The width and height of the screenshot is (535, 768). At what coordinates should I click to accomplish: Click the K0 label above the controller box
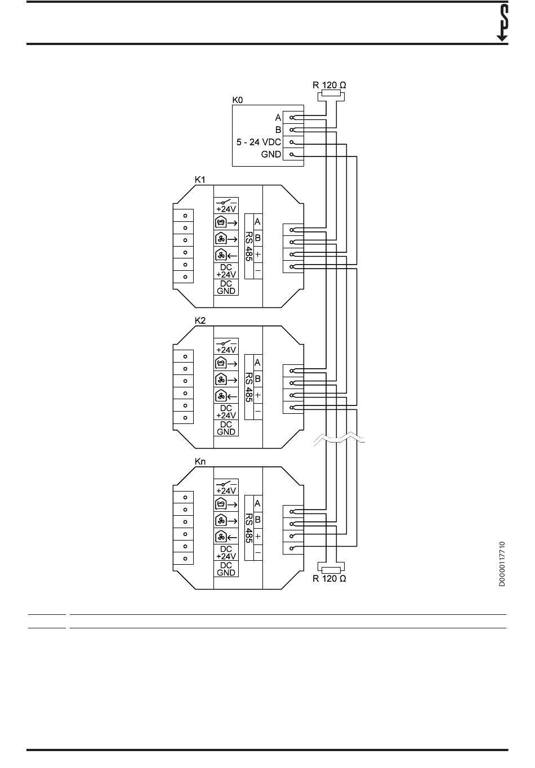237,100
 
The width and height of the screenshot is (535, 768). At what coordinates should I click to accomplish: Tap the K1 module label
200,180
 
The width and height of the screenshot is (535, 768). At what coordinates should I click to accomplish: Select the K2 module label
200,320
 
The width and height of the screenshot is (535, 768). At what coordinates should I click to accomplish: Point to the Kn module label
200,462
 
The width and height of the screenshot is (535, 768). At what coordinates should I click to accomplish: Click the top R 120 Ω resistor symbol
331,94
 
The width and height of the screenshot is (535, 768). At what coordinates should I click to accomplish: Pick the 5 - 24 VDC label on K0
258,142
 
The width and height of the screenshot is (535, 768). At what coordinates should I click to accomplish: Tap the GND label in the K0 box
271,154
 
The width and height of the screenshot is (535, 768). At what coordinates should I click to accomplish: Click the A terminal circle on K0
292,118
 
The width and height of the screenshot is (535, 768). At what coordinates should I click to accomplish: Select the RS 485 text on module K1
249,247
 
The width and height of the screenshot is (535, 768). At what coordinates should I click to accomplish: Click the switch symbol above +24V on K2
226,342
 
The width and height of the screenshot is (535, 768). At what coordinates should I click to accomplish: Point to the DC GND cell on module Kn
226,569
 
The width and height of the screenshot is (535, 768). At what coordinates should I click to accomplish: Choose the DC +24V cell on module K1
226,271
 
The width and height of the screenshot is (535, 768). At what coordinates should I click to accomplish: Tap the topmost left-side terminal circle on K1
185,216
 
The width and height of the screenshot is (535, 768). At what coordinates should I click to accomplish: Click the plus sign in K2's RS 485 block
257,395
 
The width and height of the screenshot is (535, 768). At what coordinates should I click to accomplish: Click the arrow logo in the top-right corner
502,23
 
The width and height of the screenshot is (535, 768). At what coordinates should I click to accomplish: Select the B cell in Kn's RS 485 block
257,520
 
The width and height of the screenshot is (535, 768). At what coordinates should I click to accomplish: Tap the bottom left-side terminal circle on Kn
185,559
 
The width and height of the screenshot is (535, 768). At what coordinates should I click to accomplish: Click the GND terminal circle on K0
292,154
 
